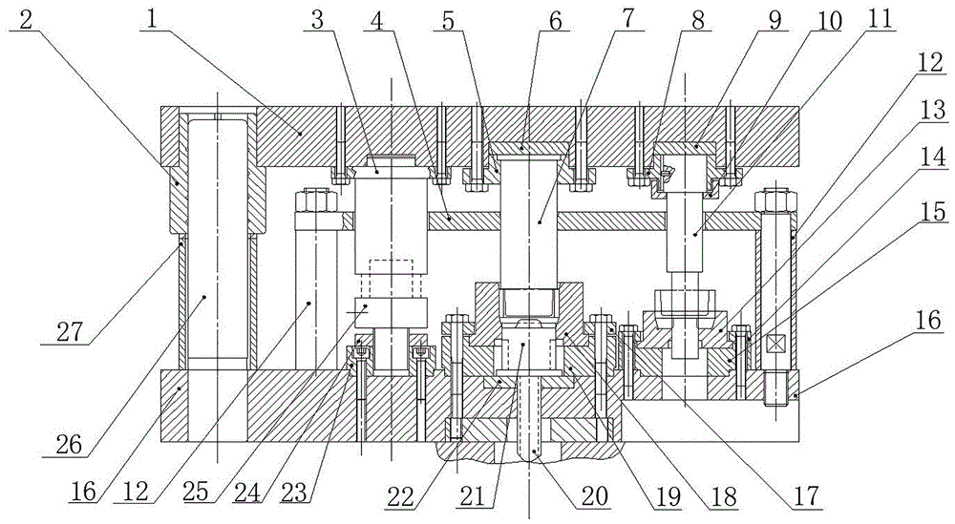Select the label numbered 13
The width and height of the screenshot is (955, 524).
tap(933, 110)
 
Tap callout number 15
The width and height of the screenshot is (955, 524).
tap(934, 211)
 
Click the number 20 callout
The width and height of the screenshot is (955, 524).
tap(594, 495)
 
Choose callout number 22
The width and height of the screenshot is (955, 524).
tap(401, 495)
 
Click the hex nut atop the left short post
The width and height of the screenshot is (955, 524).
tap(315, 200)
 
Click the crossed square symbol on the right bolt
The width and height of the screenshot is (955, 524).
tap(775, 345)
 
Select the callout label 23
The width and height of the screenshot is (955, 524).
tap(295, 493)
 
